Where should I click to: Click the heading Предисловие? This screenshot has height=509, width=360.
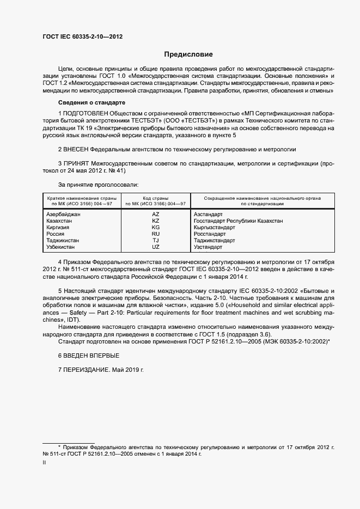(x=188, y=54)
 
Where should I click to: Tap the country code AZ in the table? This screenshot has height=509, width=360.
(x=156, y=214)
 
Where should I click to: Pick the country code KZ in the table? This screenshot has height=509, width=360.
(x=156, y=221)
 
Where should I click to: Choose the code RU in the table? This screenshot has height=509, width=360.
(x=156, y=234)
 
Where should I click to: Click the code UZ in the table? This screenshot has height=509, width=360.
(x=156, y=247)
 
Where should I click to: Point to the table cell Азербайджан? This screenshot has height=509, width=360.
(x=64, y=214)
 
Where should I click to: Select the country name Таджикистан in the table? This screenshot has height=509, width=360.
(x=64, y=241)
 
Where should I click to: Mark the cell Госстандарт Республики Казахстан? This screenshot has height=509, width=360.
(x=238, y=221)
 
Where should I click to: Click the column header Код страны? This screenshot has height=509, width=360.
(x=156, y=198)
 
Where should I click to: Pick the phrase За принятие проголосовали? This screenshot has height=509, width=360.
(x=98, y=185)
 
